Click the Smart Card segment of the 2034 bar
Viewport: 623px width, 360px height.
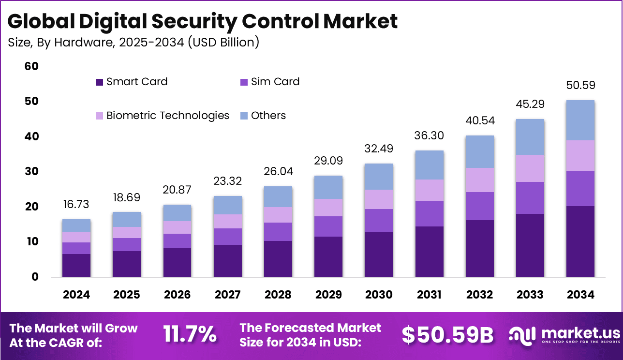tap(580, 241)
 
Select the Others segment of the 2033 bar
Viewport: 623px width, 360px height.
tap(530, 137)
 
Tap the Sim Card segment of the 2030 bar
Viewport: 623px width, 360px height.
tap(379, 220)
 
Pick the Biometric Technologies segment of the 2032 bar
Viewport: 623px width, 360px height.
tap(479, 180)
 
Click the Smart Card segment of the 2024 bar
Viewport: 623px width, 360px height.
tap(76, 266)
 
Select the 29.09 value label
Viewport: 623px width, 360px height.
tap(328, 162)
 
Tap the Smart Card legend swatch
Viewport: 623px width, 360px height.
tap(100, 82)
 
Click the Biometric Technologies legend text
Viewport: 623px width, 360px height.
tap(168, 116)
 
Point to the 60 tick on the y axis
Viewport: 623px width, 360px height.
tap(31, 66)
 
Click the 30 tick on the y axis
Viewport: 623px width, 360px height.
tap(31, 172)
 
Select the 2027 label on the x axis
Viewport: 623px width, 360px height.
tap(227, 295)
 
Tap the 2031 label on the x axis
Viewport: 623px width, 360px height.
tap(429, 295)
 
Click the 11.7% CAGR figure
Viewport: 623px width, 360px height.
tap(190, 334)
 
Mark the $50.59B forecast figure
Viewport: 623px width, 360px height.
tap(447, 334)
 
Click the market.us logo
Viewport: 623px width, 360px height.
tap(564, 334)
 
